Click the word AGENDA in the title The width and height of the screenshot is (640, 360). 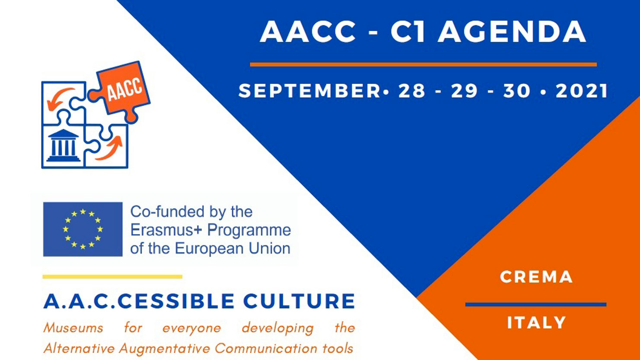(x=512, y=32)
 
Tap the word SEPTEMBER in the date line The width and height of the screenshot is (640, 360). (x=310, y=91)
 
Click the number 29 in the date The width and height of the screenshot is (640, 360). (x=464, y=91)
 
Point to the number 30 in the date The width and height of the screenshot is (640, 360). (x=517, y=91)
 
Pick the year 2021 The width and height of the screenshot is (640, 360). (x=582, y=91)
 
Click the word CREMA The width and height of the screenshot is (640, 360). (x=536, y=277)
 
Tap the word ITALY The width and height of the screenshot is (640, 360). (x=537, y=322)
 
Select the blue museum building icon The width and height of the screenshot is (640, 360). (x=63, y=145)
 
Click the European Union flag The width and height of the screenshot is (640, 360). (x=83, y=229)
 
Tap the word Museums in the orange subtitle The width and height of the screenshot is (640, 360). (x=74, y=328)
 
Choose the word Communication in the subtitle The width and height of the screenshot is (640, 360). (x=266, y=348)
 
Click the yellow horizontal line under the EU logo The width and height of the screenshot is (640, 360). (x=112, y=276)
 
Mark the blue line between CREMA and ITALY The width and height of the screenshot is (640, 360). (x=536, y=305)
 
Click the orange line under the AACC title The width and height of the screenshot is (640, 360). (x=423, y=64)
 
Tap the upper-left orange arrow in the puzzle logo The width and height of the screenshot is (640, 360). (x=59, y=99)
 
